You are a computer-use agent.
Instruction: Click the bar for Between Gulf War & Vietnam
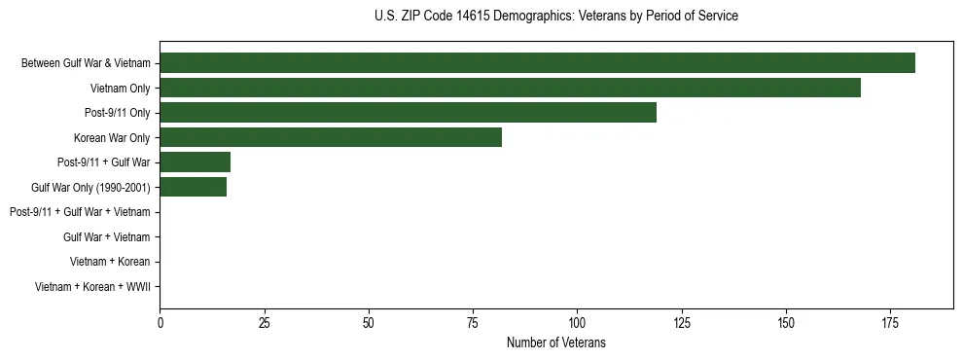point(537,63)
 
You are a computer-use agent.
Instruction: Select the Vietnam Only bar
point(510,88)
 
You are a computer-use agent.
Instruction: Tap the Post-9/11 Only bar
point(408,113)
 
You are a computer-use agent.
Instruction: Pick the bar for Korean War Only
point(331,137)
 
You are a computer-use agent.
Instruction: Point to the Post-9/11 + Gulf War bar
point(195,162)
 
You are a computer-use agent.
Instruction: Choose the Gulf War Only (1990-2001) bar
point(193,187)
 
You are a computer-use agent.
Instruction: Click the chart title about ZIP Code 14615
point(555,17)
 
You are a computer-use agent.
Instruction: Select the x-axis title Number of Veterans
point(555,342)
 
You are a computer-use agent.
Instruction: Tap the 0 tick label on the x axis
point(160,321)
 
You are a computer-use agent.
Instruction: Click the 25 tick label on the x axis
point(264,321)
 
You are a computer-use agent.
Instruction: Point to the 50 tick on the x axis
point(368,321)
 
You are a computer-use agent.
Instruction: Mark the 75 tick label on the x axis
point(473,321)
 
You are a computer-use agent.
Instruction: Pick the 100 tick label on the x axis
point(577,321)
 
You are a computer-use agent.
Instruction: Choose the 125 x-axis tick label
point(681,321)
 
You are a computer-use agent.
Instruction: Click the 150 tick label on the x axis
point(785,321)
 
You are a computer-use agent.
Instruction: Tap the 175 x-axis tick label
point(889,321)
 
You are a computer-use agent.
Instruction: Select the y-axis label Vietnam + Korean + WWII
point(92,287)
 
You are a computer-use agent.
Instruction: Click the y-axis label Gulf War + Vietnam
point(106,236)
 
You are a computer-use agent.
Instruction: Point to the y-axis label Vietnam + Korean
point(110,262)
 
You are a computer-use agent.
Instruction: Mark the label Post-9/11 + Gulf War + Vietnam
point(80,212)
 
